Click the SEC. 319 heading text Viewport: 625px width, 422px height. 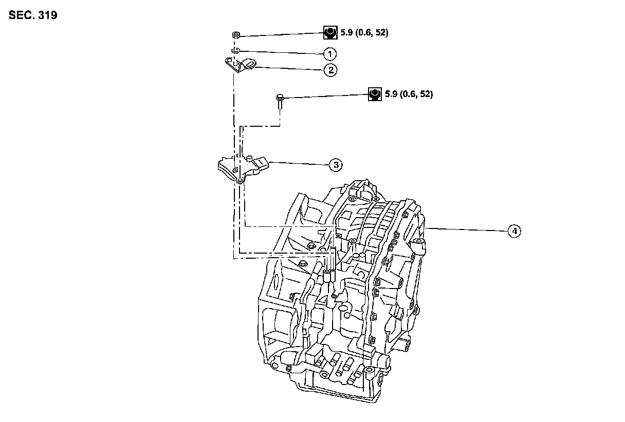click(x=33, y=15)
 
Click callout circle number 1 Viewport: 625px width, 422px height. click(x=329, y=54)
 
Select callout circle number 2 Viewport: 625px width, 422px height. click(x=329, y=70)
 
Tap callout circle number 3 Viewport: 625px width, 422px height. click(x=335, y=165)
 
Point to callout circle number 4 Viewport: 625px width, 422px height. click(x=514, y=231)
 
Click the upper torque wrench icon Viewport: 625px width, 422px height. click(x=329, y=33)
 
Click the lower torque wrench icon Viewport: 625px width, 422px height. click(x=375, y=94)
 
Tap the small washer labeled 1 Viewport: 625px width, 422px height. click(x=235, y=50)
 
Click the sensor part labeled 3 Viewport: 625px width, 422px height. click(x=241, y=168)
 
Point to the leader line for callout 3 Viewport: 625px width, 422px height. click(x=298, y=163)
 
